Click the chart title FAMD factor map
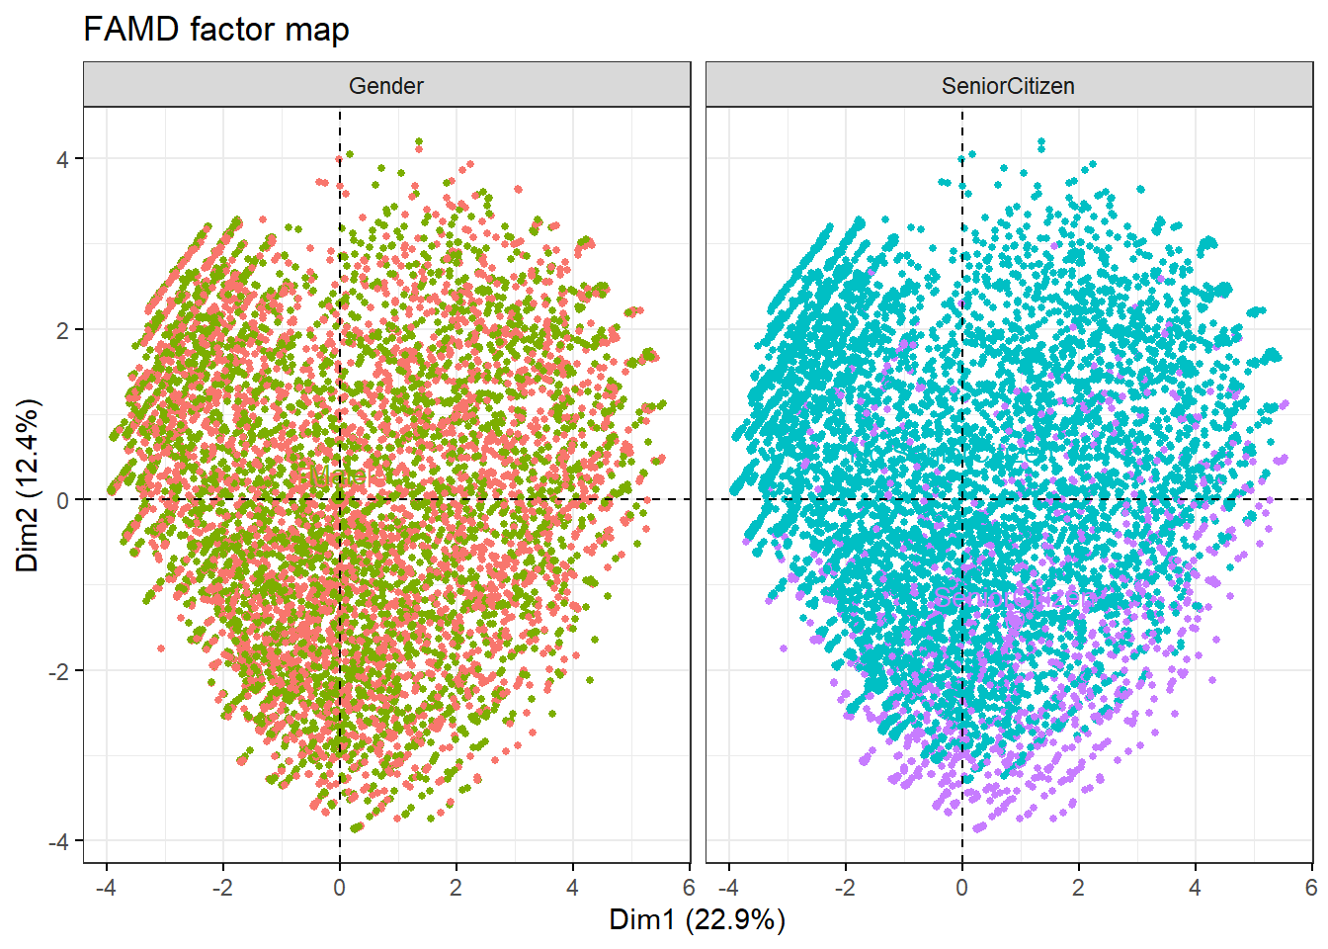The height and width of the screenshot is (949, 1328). [216, 30]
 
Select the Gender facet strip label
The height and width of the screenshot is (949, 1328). [386, 86]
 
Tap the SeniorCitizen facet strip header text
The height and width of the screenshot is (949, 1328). [1008, 86]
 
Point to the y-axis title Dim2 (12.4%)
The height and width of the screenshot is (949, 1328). [28, 484]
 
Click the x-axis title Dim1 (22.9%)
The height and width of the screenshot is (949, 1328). [697, 919]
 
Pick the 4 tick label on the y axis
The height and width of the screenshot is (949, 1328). [63, 159]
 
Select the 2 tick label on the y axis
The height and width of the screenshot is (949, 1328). [63, 330]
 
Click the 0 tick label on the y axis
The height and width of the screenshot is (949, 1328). [63, 500]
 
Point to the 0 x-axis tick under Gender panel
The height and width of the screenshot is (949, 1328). [340, 887]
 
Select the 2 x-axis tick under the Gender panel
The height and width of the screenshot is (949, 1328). [456, 887]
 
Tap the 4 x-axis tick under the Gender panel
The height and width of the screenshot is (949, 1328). [573, 887]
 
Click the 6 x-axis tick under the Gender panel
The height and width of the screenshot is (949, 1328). [689, 887]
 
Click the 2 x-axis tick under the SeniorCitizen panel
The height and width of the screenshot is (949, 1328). [1079, 887]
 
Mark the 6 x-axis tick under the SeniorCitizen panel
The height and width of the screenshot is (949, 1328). [1311, 887]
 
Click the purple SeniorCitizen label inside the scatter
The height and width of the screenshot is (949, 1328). [1014, 597]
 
